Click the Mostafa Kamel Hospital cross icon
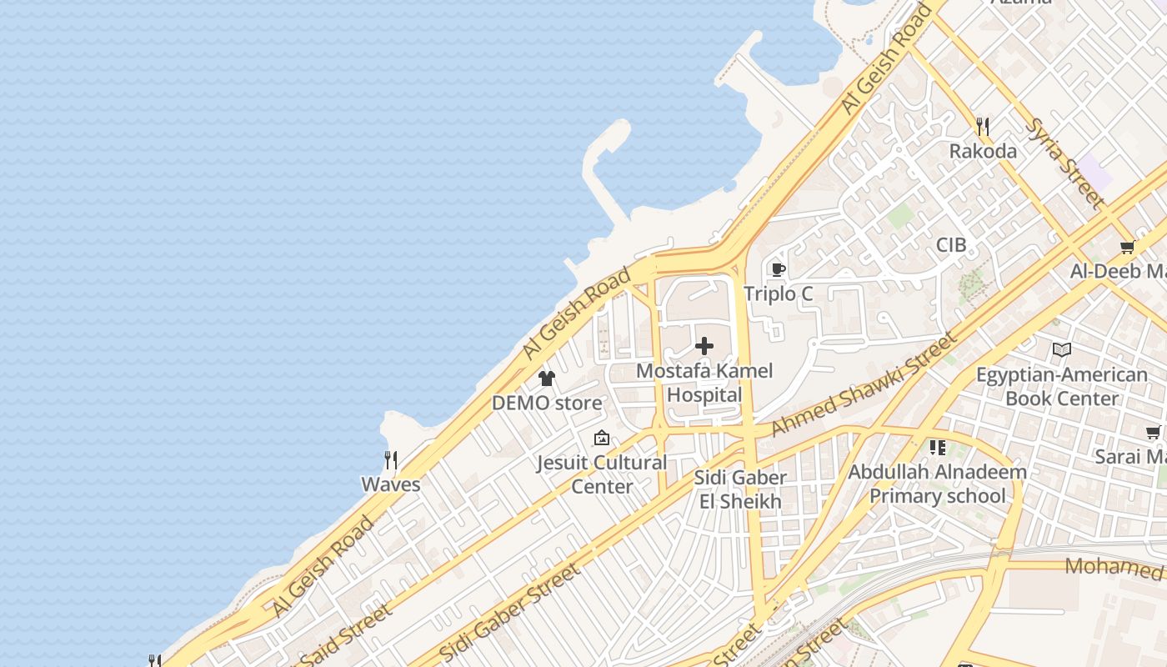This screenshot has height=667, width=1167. pos(704,346)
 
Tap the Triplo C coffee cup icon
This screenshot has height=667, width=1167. pos(778,269)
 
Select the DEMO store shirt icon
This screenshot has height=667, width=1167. pos(547,379)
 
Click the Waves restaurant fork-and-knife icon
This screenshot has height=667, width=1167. pos(390,459)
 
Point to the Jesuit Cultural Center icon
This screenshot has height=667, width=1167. pos(601,438)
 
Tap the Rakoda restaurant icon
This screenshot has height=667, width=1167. pos(984,127)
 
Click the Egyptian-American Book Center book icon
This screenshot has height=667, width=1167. pos(1061,349)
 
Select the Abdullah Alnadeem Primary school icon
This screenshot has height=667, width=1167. pos(938,448)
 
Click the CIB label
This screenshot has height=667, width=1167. pos(951,245)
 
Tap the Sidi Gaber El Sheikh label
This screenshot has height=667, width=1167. pos(740,489)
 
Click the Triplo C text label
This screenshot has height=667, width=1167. pos(778,294)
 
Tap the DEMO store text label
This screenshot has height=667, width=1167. pos(547,404)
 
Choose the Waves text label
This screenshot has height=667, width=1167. pos(390,484)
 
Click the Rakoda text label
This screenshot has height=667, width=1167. pos(984,152)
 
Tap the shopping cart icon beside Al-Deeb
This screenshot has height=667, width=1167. pos(1128,247)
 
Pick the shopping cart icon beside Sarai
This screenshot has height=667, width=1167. pos(1154,432)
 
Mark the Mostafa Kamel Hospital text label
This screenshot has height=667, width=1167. pos(704,383)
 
